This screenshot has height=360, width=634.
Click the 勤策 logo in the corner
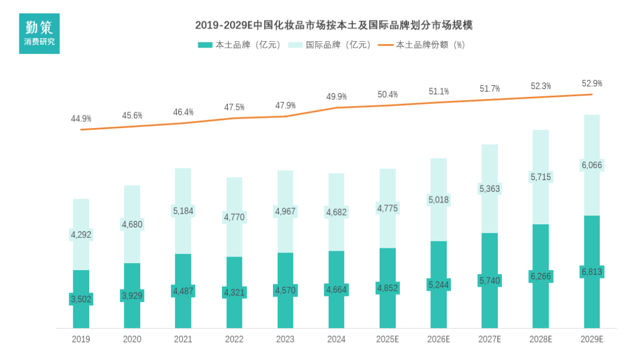39,33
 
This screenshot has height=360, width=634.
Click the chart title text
334,25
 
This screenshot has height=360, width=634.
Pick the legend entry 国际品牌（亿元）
332,45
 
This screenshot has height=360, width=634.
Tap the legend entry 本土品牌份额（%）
422,45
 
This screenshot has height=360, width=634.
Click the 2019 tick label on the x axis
81,339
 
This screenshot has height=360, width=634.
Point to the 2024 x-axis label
336,339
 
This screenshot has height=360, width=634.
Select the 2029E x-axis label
592,339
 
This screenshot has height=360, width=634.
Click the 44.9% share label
81,119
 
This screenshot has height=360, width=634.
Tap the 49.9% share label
336,96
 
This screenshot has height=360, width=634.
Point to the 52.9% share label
592,83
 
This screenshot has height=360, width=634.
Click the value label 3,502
81,300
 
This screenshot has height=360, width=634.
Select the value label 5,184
183,210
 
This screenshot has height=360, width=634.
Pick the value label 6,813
592,272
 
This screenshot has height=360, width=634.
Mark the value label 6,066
592,166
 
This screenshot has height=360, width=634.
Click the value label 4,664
336,289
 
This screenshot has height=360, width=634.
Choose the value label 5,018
439,200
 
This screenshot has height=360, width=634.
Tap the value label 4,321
234,292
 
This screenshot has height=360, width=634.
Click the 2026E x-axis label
439,339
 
